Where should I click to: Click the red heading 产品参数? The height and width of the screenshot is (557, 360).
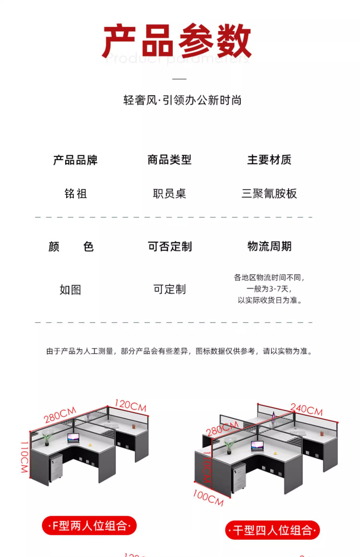pyautogui.click(x=177, y=41)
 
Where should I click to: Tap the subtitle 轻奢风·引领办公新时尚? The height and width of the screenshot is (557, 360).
pyautogui.click(x=182, y=100)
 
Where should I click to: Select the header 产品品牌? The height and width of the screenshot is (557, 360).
pyautogui.click(x=75, y=160)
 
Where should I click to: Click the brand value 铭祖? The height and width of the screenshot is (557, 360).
pyautogui.click(x=75, y=193)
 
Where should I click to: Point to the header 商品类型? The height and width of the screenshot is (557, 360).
pyautogui.click(x=170, y=160)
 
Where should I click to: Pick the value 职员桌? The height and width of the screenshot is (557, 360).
pyautogui.click(x=170, y=193)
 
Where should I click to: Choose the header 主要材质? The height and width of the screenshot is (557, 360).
pyautogui.click(x=269, y=160)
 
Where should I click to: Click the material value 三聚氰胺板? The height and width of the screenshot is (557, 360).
pyautogui.click(x=269, y=193)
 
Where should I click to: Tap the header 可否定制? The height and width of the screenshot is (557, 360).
pyautogui.click(x=170, y=246)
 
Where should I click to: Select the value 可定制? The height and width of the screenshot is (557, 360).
pyautogui.click(x=170, y=289)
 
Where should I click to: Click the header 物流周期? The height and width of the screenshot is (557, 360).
pyautogui.click(x=269, y=246)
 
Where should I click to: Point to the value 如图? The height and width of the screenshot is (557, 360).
pyautogui.click(x=70, y=290)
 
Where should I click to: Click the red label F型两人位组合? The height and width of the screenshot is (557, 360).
pyautogui.click(x=89, y=525)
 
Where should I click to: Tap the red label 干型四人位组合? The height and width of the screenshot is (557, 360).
pyautogui.click(x=272, y=530)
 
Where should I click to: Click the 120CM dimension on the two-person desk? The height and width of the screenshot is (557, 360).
pyautogui.click(x=130, y=405)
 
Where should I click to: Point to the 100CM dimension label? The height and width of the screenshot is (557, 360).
pyautogui.click(x=208, y=498)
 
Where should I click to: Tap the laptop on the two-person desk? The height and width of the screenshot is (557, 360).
pyautogui.click(x=73, y=438)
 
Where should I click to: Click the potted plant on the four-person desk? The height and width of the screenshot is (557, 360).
pyautogui.click(x=229, y=446)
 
